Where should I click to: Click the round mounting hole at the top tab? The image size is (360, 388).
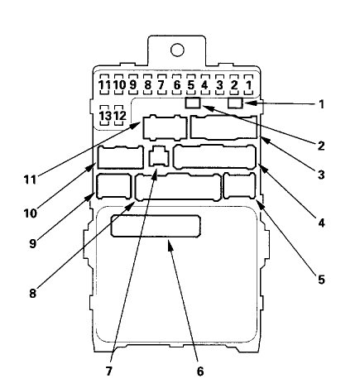(177, 50)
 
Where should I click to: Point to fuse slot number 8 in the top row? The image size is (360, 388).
(147, 84)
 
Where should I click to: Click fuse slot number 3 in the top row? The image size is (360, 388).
(218, 84)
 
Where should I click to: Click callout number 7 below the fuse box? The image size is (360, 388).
(108, 370)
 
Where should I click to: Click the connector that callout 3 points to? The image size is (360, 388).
(224, 127)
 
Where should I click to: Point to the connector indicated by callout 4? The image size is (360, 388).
(214, 156)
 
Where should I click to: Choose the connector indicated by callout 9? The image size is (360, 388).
(114, 186)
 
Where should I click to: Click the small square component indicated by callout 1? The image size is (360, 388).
(235, 104)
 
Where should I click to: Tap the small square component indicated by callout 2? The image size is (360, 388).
(193, 104)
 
